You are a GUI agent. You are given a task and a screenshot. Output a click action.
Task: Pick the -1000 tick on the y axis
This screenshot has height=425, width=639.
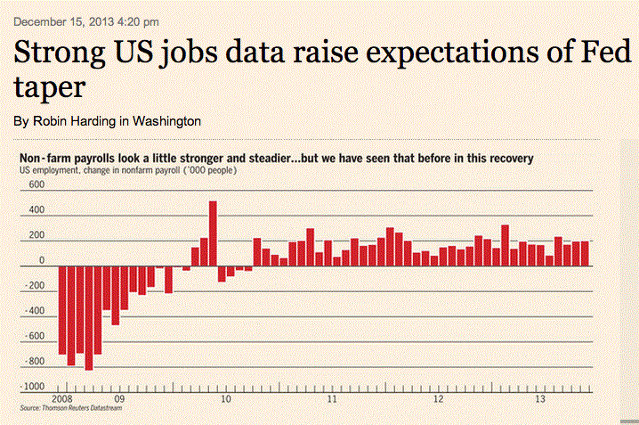tap(33, 387)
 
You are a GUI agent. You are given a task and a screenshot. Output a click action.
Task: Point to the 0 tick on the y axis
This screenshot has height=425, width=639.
tap(41, 260)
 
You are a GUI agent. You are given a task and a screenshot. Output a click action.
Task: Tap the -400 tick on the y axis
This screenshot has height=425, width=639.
tap(35, 311)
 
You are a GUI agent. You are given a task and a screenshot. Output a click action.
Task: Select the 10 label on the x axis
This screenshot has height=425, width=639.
tap(226, 399)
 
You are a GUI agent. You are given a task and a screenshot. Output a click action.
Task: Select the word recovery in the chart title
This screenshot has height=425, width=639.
tap(508, 158)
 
